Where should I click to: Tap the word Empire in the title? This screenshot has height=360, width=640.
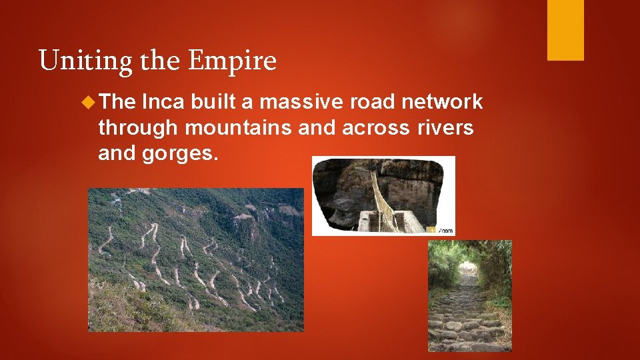pyautogui.click(x=233, y=61)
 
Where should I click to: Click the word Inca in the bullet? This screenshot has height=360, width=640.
pyautogui.click(x=163, y=102)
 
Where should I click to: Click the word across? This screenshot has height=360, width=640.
pyautogui.click(x=379, y=127)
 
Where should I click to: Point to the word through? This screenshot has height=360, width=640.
pyautogui.click(x=138, y=127)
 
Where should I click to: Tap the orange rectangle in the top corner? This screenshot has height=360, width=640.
pyautogui.click(x=565, y=30)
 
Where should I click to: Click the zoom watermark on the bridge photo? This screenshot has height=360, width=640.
pyautogui.click(x=443, y=229)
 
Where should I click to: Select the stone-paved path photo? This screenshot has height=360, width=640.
pyautogui.click(x=469, y=295)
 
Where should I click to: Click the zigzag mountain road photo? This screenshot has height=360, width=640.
pyautogui.click(x=195, y=259)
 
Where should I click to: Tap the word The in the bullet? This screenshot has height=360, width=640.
pyautogui.click(x=119, y=102)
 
